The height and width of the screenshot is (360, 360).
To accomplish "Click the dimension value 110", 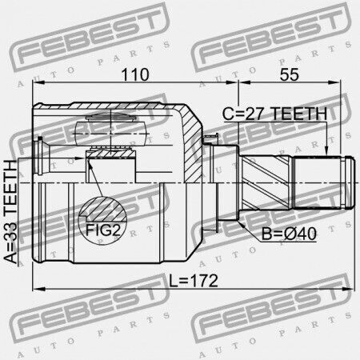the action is [x=135, y=74].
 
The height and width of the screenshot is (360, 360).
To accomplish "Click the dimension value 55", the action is [x=290, y=74].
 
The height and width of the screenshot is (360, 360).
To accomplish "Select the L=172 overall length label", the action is [x=194, y=281].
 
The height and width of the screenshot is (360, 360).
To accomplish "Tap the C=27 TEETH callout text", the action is [x=274, y=114].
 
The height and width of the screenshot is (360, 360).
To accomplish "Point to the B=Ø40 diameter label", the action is [x=289, y=234].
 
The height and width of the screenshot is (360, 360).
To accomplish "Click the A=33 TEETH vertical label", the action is [x=10, y=212].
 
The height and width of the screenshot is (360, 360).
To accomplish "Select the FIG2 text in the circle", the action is [x=103, y=230].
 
